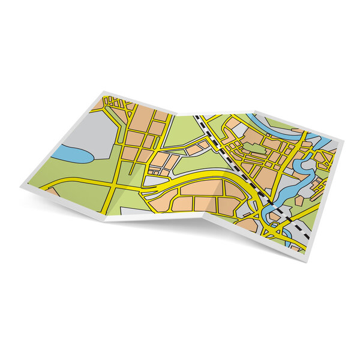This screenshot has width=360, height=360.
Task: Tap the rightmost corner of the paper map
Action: coord(344,140)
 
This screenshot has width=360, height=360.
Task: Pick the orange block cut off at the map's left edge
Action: coord(53,193)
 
